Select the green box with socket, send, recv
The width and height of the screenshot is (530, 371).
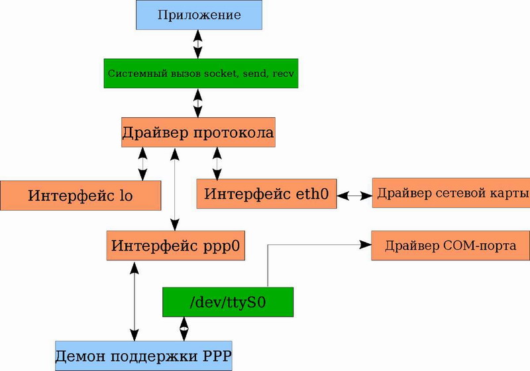201,73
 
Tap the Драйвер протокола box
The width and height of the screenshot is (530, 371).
197,132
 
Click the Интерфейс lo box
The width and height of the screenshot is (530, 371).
80,195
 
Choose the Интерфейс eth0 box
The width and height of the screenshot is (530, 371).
266,193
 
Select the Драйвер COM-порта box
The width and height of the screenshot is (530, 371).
450,246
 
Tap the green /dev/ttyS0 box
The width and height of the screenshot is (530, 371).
227,302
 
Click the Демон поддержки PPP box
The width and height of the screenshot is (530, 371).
143,355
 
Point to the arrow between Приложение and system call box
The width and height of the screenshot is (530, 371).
197,45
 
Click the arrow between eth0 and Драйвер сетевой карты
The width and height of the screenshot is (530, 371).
354,195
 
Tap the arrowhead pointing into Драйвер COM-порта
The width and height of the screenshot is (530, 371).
365,245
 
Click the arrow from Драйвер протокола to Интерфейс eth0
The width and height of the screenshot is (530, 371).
217,163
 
